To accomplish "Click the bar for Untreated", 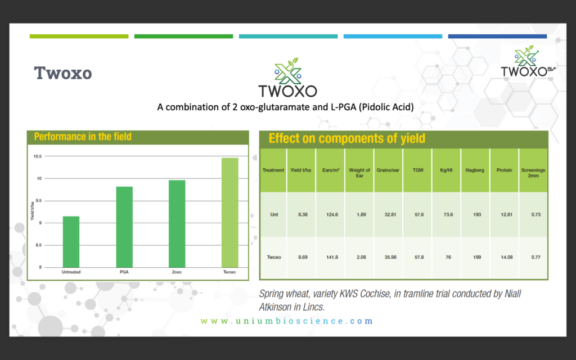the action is [71, 242].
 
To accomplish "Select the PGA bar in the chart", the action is [124, 227].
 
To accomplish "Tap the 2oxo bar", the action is [177, 224].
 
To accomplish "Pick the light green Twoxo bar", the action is [229, 213].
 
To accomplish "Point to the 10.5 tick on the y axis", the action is [38, 156].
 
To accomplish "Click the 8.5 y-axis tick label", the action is [38, 245].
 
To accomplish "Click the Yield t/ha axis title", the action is [32, 211].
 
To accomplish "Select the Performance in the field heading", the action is [83, 137].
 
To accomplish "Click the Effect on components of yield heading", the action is [346, 138].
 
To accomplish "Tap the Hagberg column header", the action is [475, 170].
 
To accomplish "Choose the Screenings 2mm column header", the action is [533, 173].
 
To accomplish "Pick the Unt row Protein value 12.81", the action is [506, 214].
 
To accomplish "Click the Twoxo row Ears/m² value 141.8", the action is [332, 257].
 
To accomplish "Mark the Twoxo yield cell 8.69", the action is [303, 257].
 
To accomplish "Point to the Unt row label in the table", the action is [274, 214].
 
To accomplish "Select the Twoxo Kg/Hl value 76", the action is [448, 257].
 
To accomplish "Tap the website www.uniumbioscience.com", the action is [287, 321].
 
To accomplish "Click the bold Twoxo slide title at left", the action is [63, 73].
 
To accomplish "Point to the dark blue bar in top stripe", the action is [497, 37].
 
